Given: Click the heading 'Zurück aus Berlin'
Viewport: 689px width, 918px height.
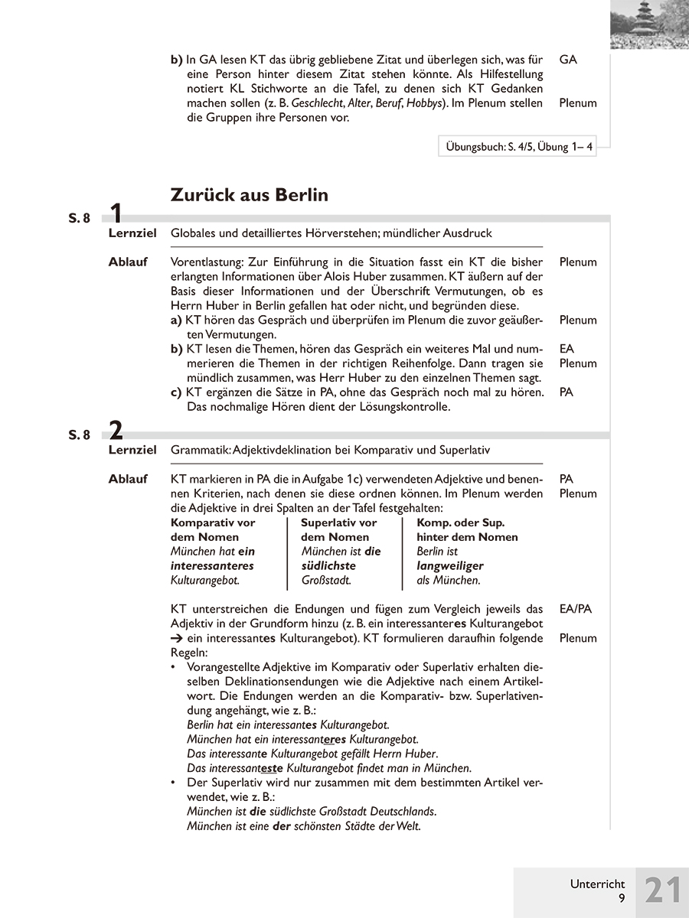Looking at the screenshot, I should click(249, 195).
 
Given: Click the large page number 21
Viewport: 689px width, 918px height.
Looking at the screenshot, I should click(662, 892).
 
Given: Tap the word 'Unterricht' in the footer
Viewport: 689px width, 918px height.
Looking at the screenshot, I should click(597, 884).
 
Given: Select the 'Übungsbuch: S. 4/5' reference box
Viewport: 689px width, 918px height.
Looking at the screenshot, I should click(518, 147).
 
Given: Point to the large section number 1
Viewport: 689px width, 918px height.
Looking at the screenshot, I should click(116, 214).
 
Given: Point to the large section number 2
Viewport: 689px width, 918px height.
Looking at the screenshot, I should click(116, 431).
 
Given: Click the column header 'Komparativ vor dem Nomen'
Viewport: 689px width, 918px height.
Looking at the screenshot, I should click(213, 529).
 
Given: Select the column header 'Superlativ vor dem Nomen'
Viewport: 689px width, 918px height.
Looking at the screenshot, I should click(338, 529).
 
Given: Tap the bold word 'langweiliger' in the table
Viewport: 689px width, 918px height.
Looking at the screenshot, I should click(450, 566).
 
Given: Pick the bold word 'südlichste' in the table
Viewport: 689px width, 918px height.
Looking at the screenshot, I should click(328, 566).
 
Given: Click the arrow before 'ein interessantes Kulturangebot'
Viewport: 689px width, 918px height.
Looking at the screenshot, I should click(176, 638).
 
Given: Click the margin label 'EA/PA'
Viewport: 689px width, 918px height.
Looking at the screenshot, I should click(576, 609).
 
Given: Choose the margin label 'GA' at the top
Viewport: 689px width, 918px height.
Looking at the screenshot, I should click(568, 59).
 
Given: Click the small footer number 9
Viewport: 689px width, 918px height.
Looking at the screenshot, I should click(622, 899).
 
